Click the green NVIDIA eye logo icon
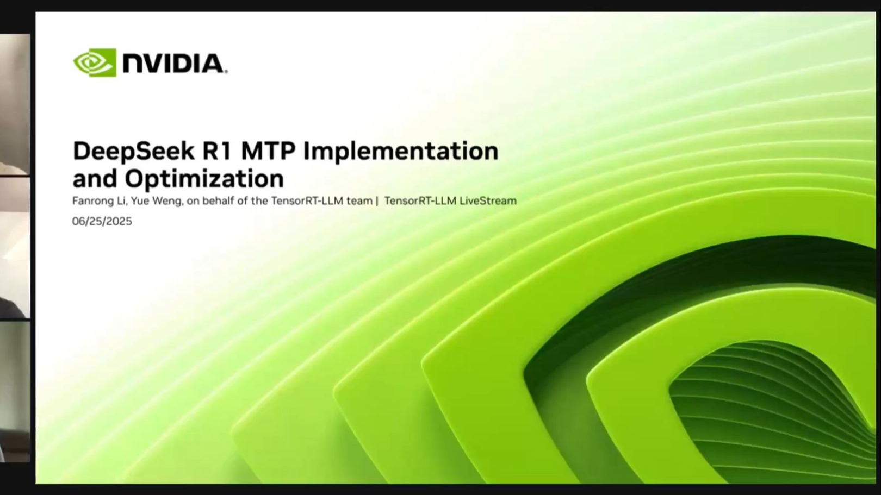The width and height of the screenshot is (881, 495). click(x=95, y=62)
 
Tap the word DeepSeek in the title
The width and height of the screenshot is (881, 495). click(x=134, y=152)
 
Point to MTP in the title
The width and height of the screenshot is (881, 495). click(x=268, y=151)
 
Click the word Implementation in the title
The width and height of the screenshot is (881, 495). click(x=401, y=152)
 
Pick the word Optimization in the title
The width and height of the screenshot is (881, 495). click(x=204, y=179)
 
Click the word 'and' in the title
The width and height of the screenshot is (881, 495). click(x=95, y=179)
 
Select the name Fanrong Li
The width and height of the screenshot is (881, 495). click(x=99, y=201)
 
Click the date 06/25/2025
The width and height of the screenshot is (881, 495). click(x=102, y=221)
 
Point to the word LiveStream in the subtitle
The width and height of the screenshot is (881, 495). click(x=488, y=200)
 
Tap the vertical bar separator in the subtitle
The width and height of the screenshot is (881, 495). click(x=377, y=201)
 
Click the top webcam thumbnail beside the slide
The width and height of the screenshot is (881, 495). click(x=15, y=104)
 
